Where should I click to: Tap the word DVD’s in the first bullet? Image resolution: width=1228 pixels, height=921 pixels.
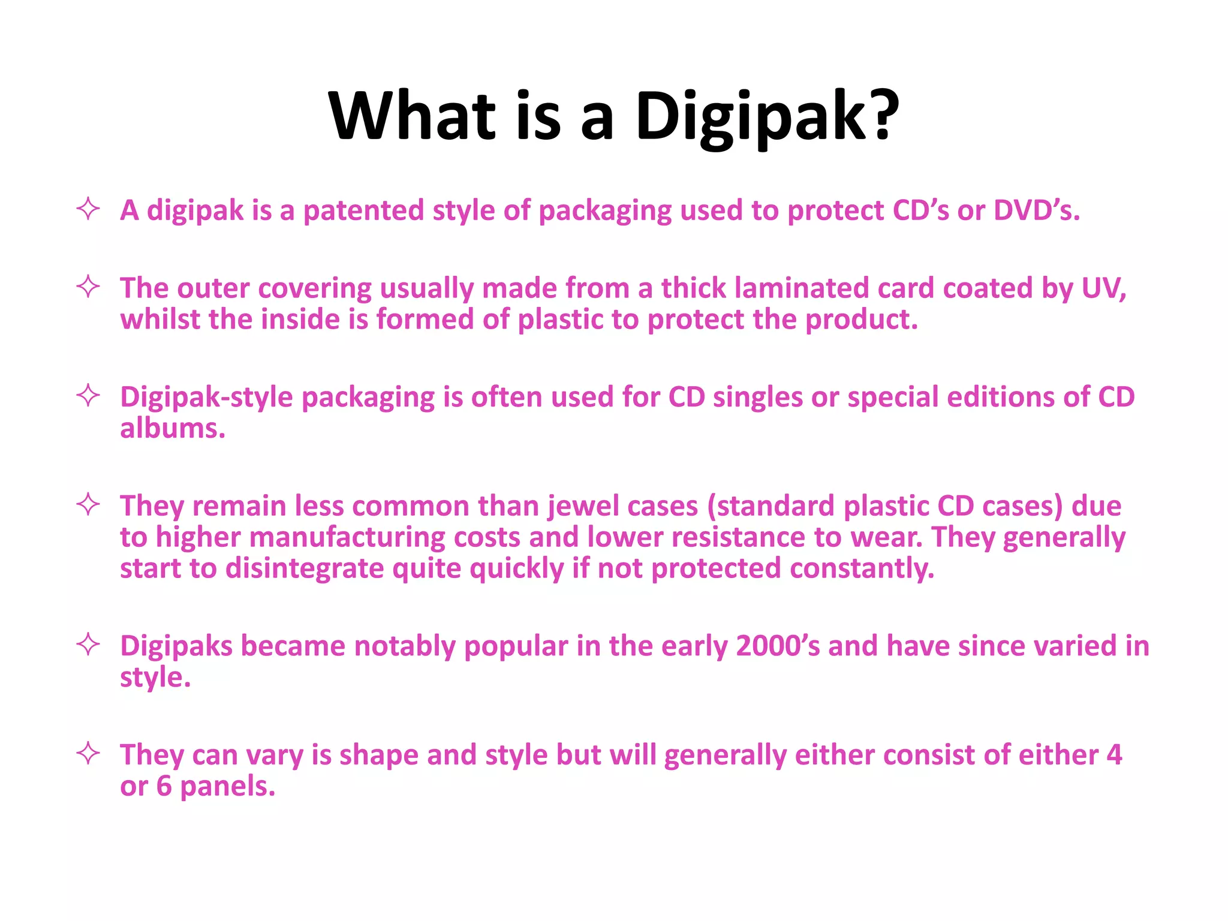1037,210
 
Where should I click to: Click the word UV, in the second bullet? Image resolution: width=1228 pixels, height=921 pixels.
1104,288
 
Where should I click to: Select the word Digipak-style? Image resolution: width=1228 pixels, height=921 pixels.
206,398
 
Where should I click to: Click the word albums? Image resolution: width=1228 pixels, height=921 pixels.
173,429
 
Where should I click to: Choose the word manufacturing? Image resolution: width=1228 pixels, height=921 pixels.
347,538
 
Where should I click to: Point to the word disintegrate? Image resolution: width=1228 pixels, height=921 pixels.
305,568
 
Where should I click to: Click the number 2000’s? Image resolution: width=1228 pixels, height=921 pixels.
778,646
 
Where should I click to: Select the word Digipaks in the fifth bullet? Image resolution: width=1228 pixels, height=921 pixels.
176,646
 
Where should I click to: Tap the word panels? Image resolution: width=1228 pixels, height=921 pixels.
227,786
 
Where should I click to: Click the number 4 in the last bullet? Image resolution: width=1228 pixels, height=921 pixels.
1114,755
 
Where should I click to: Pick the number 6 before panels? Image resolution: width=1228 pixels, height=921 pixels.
164,786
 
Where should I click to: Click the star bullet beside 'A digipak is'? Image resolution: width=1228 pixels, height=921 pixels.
88,209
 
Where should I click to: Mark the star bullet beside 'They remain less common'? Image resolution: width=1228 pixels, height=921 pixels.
88,504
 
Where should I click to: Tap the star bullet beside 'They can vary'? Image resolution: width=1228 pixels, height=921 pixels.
88,753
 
